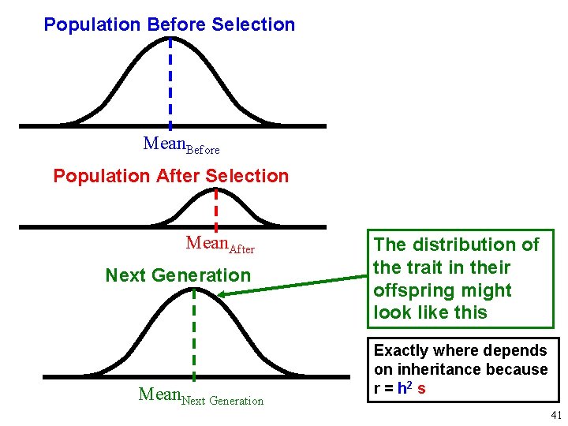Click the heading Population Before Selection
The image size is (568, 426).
coord(169,24)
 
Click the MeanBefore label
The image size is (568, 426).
coord(181,144)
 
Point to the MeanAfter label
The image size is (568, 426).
coord(219,245)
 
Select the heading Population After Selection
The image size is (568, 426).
coord(170,176)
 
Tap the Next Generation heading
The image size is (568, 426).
coord(177,275)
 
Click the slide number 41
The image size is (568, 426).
coord(556,416)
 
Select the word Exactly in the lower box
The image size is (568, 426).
coord(400,350)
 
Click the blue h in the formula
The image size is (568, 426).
coord(402,389)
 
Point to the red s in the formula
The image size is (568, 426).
coord(423,389)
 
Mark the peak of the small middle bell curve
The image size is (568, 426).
coord(216,193)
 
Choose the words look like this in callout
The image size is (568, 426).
coord(431,312)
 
